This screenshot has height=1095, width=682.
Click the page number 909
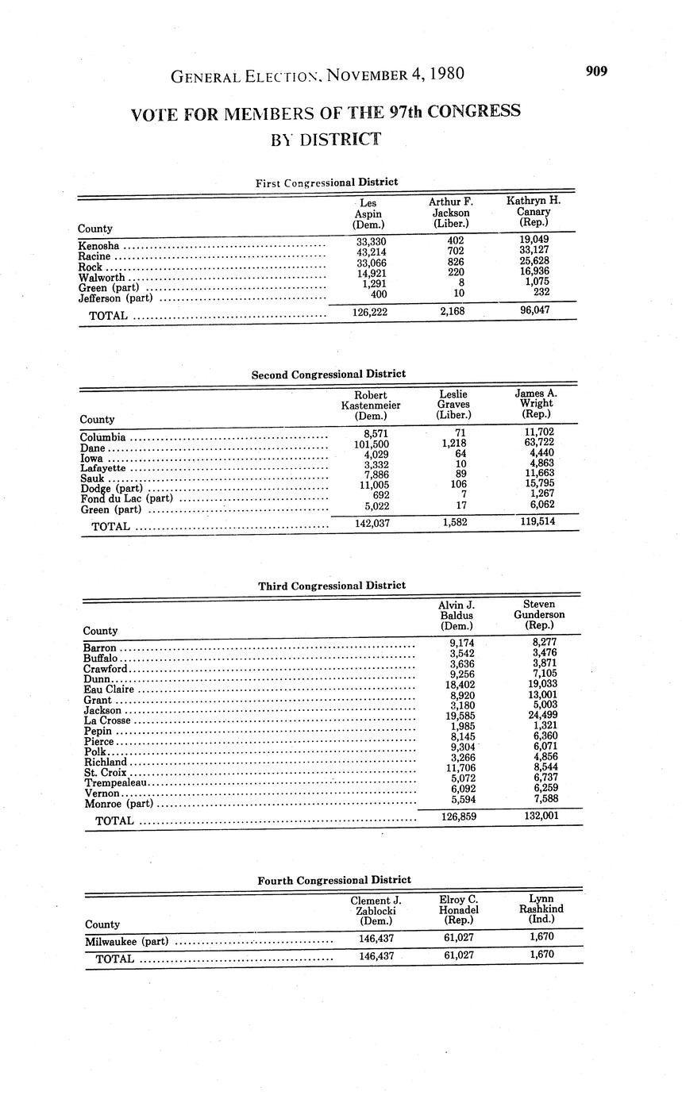(x=596, y=71)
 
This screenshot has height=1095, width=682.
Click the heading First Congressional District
(x=326, y=182)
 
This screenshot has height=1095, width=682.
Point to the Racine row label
(x=94, y=256)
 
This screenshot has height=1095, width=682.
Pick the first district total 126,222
(x=369, y=312)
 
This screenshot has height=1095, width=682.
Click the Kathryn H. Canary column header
(x=534, y=212)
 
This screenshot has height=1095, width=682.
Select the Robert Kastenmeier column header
(x=371, y=405)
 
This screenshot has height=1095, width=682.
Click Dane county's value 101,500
(x=371, y=444)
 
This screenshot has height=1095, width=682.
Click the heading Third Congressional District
(x=331, y=586)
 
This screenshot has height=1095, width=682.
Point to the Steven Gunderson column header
(x=539, y=614)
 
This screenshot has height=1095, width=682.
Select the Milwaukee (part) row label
(x=126, y=942)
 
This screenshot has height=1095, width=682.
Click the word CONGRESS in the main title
(x=473, y=111)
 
